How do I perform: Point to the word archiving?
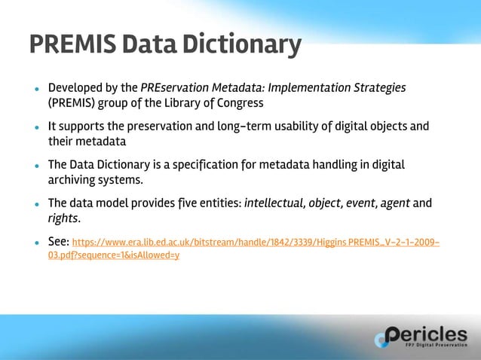coord(70,179)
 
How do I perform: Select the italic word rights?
coord(63,218)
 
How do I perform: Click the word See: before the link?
coord(58,242)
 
